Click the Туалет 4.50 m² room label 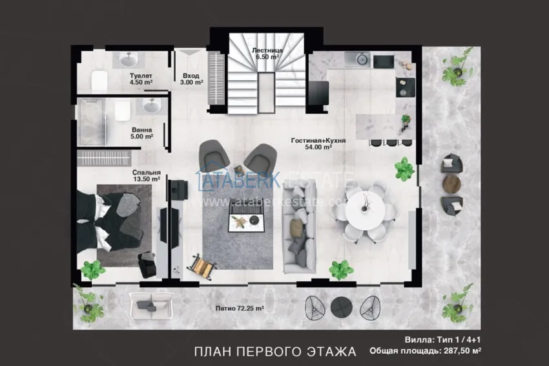140,78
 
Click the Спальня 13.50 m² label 146,176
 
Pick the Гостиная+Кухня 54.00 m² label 318,143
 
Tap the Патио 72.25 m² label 240,308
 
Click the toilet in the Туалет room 99,81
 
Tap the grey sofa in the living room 298,226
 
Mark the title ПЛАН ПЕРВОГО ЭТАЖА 275,352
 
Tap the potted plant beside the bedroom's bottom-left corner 92,269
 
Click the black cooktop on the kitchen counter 383,61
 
